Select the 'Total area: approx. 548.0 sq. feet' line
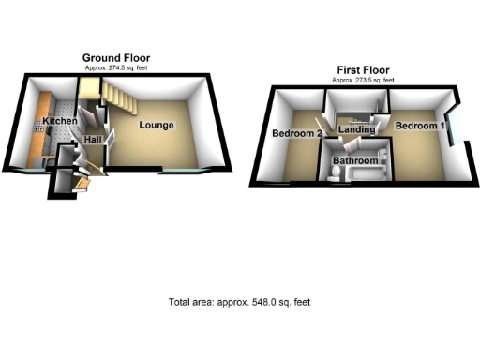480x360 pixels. pos(239,302)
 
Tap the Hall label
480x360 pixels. pos(94,140)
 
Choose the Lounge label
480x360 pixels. pos(157,125)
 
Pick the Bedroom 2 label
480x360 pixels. pos(297,134)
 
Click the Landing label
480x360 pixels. pos(357,128)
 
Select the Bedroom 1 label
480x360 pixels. pos(419,125)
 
